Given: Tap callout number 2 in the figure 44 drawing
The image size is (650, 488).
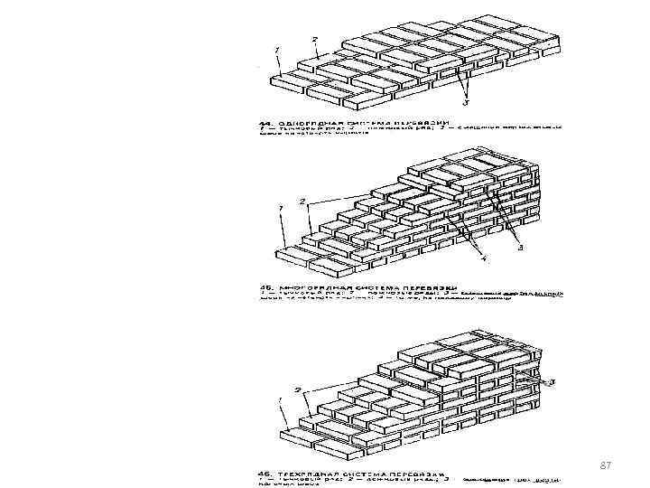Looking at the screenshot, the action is click(x=313, y=39).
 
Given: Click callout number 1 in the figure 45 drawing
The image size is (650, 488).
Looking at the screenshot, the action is click(x=282, y=208).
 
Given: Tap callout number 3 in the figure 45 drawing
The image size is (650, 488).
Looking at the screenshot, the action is click(x=521, y=250).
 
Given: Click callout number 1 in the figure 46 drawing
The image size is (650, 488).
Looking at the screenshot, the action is click(x=280, y=399).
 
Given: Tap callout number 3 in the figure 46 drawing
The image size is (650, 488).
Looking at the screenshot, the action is click(x=552, y=381).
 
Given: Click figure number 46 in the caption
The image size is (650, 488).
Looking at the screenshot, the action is click(x=264, y=473).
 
